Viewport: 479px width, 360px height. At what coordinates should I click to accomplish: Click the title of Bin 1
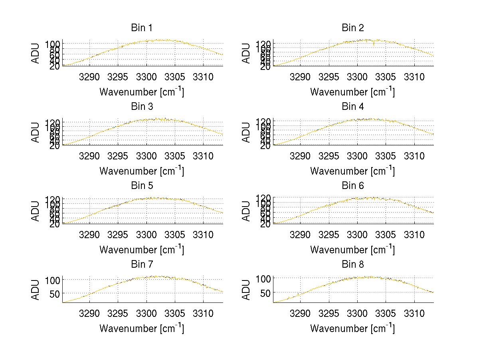click(x=142, y=28)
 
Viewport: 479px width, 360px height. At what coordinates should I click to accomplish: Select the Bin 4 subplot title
click(x=353, y=107)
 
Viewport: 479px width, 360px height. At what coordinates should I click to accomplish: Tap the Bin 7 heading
click(x=142, y=265)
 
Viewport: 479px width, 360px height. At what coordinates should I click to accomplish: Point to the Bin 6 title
click(x=353, y=186)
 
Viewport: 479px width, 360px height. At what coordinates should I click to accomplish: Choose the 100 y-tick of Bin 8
click(x=263, y=278)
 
